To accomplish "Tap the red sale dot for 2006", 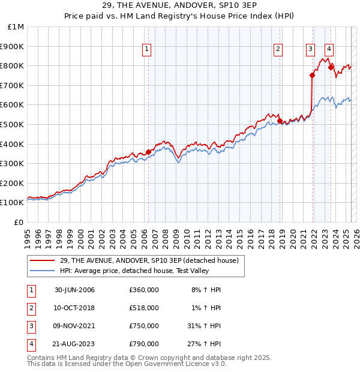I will tap(148, 152).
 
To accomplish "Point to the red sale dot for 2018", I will tap(280, 121).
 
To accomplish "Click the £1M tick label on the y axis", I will tap(16, 27).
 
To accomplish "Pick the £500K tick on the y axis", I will tap(13, 124).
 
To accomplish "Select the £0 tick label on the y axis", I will tap(19, 222).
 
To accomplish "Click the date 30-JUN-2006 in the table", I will tap(74, 290).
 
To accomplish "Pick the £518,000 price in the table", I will tap(144, 308).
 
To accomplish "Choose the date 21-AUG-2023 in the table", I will tap(75, 344).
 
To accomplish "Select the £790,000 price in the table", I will tap(144, 344).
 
